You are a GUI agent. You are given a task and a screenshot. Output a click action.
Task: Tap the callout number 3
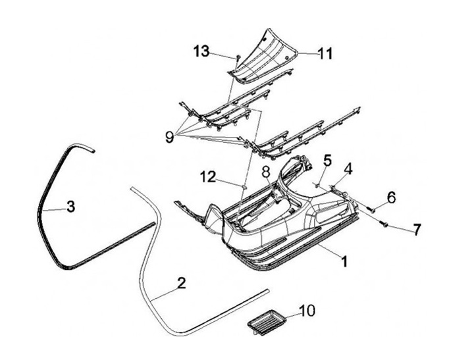(x=70, y=205)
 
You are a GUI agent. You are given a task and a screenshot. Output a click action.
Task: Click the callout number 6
(x=391, y=196)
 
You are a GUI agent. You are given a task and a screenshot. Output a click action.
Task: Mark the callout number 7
(x=415, y=230)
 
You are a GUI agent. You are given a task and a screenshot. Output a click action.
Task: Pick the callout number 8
(x=265, y=172)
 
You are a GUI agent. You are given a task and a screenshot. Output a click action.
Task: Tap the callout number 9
(x=170, y=137)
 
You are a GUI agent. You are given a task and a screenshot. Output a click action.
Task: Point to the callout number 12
(x=208, y=176)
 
